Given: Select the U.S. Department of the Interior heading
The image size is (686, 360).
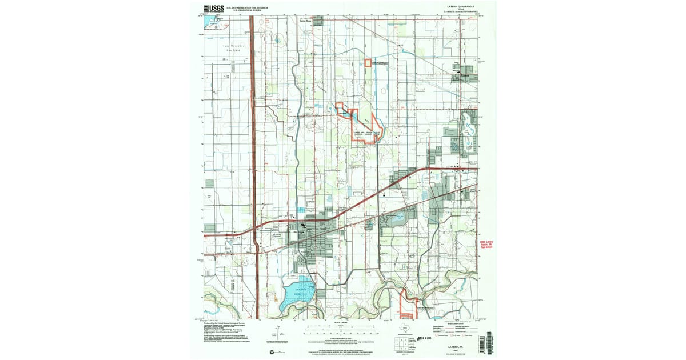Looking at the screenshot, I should point(248,7).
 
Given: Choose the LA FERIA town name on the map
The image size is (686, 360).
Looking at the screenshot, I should point(322,229).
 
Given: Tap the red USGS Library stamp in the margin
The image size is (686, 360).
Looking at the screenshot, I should point(486,244).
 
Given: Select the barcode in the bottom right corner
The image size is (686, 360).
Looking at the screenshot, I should point(487,342).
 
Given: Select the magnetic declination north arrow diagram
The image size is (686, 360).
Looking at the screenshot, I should point(276,331).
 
